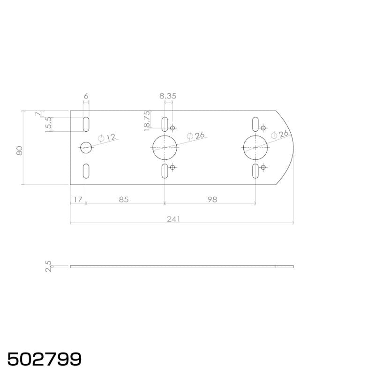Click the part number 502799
(x=45, y=359)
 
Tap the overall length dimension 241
(x=173, y=219)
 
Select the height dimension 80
(x=19, y=150)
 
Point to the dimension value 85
(x=124, y=200)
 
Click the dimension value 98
(x=212, y=200)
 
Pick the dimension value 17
(x=78, y=200)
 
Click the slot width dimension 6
(x=86, y=96)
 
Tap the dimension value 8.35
(x=168, y=96)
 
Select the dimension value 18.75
(x=147, y=121)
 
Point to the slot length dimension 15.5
(x=48, y=124)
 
